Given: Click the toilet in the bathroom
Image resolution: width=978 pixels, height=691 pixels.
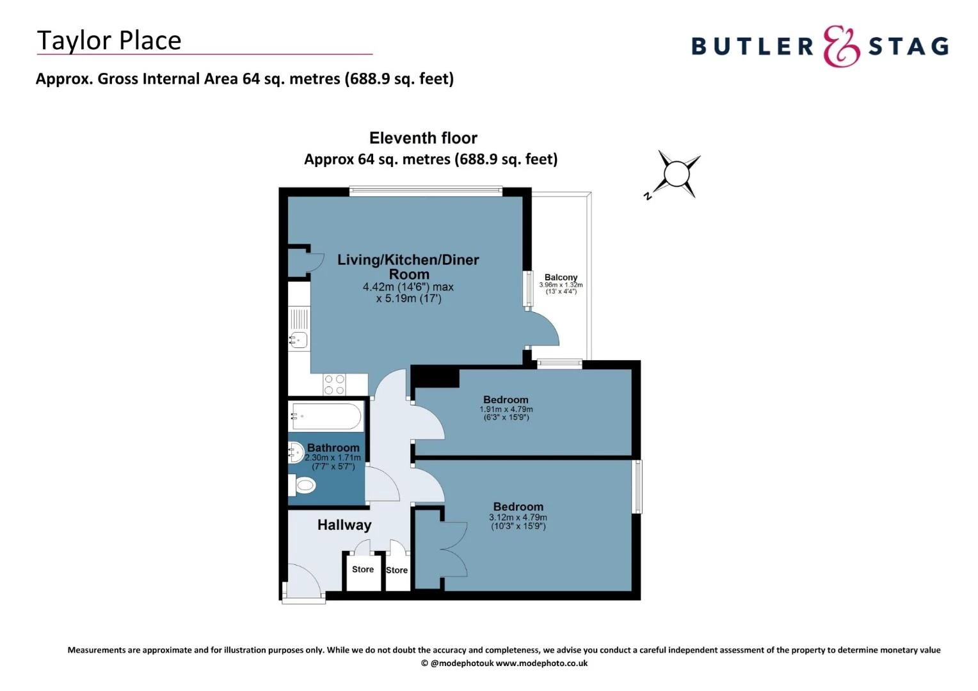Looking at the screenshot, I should point(303,486).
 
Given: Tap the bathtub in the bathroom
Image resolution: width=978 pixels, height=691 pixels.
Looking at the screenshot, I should point(327,417).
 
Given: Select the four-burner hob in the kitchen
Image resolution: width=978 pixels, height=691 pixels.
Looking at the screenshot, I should point(334,384).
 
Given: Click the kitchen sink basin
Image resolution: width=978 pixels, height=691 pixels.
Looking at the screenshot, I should point(298,340).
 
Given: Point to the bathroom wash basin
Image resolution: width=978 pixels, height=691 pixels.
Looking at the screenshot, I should point(296,453).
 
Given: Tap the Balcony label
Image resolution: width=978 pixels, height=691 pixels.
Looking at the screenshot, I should point(561,277).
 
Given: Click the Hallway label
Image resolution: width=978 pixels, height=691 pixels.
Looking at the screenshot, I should point(344,525).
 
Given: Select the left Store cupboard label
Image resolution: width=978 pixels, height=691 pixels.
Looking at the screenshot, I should point(363,569).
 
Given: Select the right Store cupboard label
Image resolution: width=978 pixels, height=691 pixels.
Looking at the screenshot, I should point(397,570).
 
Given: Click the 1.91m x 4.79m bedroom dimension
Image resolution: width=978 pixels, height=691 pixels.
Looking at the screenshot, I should point(506,409).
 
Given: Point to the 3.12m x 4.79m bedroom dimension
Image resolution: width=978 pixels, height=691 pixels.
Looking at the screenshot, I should point(518,518).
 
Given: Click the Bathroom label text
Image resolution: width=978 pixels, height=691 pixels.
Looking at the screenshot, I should point(333,448).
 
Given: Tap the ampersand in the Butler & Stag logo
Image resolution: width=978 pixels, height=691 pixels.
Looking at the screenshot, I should point(841,46).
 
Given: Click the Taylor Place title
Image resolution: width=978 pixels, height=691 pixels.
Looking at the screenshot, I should point(109,40).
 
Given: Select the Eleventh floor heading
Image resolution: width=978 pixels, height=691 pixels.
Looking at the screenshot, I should point(423,138).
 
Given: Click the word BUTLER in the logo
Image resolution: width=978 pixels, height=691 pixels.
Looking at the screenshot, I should point(752,47).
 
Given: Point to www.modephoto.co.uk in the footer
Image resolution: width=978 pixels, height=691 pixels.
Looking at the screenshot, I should point(541,663).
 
